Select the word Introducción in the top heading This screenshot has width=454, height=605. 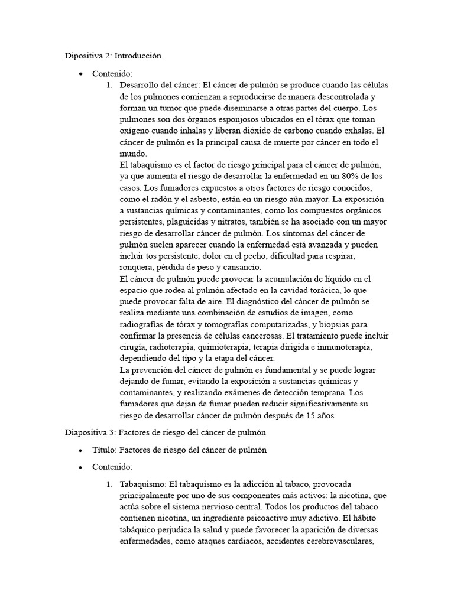pyautogui.click(x=138, y=56)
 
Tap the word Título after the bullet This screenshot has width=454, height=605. pyautogui.click(x=105, y=450)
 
